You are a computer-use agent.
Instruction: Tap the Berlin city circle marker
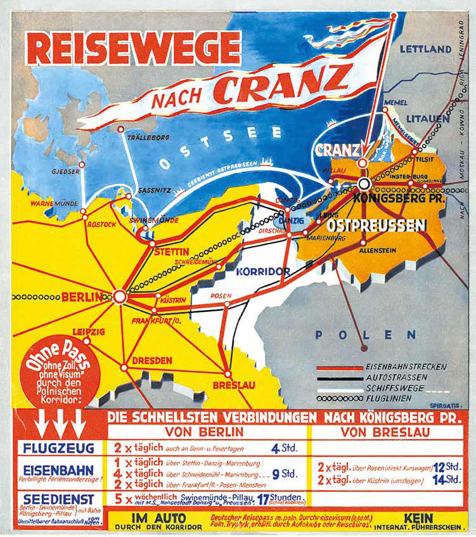pyautogui.click(x=119, y=295)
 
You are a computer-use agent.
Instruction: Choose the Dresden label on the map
pyautogui.click(x=151, y=360)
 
